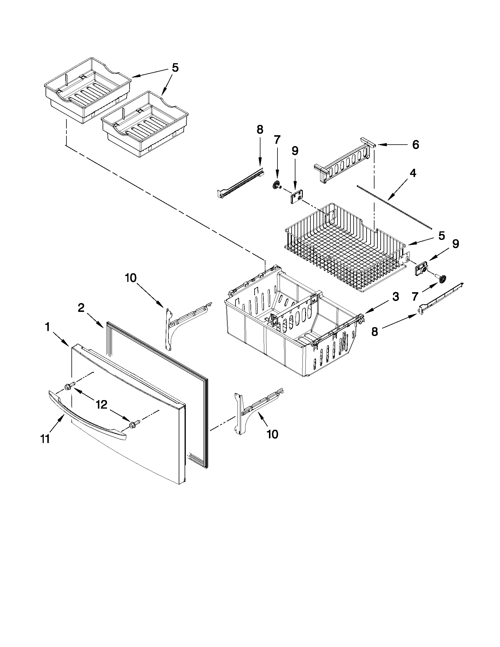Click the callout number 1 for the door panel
click(47, 327)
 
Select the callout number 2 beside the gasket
click(81, 308)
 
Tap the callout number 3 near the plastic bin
click(396, 297)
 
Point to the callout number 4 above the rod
click(413, 173)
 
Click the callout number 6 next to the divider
click(416, 145)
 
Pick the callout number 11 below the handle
click(45, 439)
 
